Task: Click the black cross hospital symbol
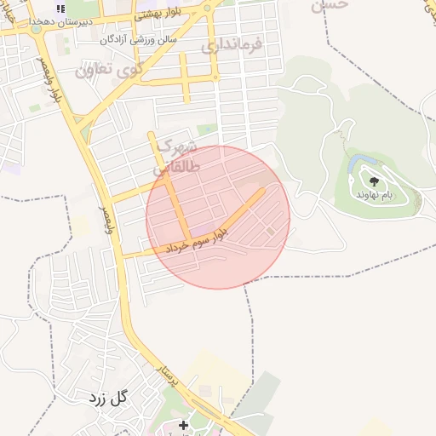tap(183, 424)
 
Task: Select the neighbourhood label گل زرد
tap(106, 398)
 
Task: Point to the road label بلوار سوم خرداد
tap(196, 238)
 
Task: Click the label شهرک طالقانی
tap(179, 157)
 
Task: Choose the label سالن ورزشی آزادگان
tap(139, 39)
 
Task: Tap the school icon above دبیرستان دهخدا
tap(60, 9)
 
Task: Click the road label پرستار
tap(167, 375)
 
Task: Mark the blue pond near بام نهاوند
tap(358, 161)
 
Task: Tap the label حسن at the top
tap(330, 5)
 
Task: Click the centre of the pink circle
tap(218, 216)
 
